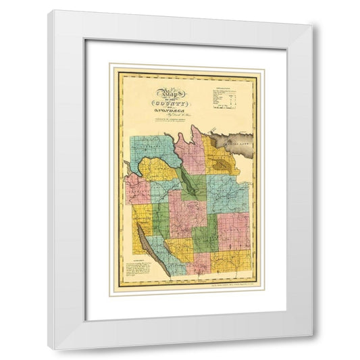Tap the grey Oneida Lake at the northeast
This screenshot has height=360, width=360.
click(x=232, y=142)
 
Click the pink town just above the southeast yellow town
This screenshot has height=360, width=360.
click(x=233, y=230)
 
